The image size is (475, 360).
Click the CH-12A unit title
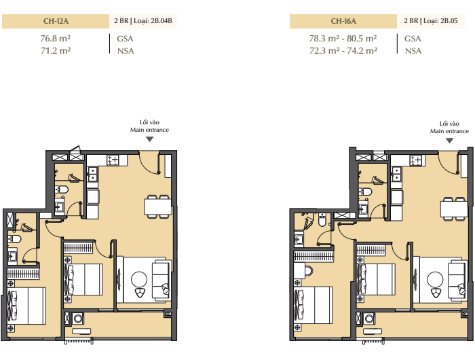point(56,21)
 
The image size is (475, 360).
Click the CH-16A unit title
point(343,21)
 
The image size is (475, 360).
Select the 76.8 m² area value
point(56,39)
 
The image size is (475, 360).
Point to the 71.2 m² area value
point(56,50)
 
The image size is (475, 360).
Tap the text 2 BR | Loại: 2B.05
point(430,21)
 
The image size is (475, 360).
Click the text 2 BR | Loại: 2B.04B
point(143,21)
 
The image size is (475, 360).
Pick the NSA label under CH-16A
point(413,51)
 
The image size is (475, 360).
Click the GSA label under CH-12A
point(125,39)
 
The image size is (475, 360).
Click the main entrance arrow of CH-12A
point(150,139)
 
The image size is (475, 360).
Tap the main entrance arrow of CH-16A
point(449,141)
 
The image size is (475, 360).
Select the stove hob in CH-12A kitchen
point(113,160)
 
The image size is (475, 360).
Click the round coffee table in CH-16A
point(435,279)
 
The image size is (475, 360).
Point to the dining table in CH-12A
point(157,207)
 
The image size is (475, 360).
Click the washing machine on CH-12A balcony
point(78,319)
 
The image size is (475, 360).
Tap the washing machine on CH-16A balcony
point(369,319)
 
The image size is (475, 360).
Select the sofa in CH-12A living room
point(160,280)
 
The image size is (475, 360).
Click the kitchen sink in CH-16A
point(396,174)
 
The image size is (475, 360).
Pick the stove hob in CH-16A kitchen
point(415,160)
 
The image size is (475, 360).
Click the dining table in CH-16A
point(453,209)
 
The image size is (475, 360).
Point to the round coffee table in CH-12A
point(139,279)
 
